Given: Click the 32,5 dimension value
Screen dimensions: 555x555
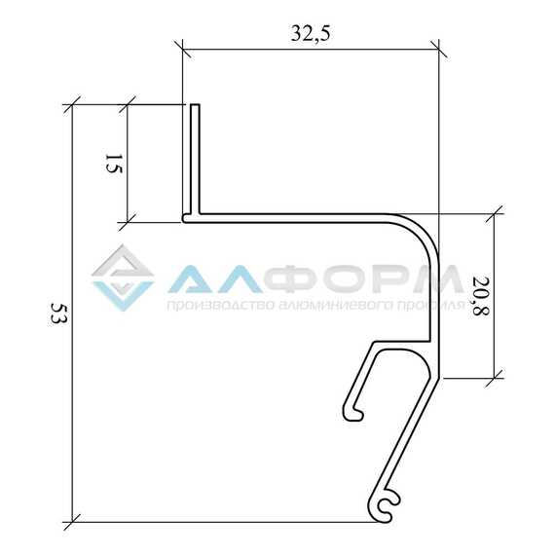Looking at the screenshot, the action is pyautogui.click(x=311, y=34).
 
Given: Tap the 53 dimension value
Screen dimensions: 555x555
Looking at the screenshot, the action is pyautogui.click(x=58, y=313).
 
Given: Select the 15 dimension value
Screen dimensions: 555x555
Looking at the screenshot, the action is pyautogui.click(x=114, y=164).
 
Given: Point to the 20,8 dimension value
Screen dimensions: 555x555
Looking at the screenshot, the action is pyautogui.click(x=480, y=295).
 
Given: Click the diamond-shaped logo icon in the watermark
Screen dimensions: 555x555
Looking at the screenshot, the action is pyautogui.click(x=123, y=277).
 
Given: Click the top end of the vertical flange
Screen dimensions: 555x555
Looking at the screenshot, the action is pyautogui.click(x=195, y=105).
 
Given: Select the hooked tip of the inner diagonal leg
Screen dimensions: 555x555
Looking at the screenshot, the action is pyautogui.click(x=353, y=414).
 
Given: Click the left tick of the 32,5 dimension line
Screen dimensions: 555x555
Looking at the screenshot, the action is pyautogui.click(x=183, y=49).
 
